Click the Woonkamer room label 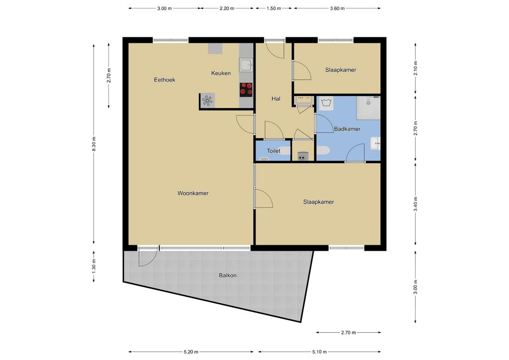click(x=193, y=193)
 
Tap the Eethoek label click(x=165, y=80)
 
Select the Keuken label click(x=221, y=73)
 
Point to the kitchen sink click(x=246, y=65)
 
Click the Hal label click(x=276, y=98)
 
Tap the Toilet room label click(x=273, y=151)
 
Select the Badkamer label click(x=347, y=129)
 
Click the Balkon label click(x=228, y=275)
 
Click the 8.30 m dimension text click(x=94, y=144)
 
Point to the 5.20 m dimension click(x=191, y=352)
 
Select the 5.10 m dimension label click(x=320, y=352)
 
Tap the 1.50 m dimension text click(x=274, y=8)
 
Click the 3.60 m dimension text click(x=338, y=8)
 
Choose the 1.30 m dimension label click(x=94, y=266)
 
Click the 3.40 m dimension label click(x=416, y=203)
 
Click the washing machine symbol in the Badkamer click(x=326, y=103)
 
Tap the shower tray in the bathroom click(x=368, y=108)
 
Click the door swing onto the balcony click(x=148, y=257)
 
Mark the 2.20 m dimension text click(x=227, y=8)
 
